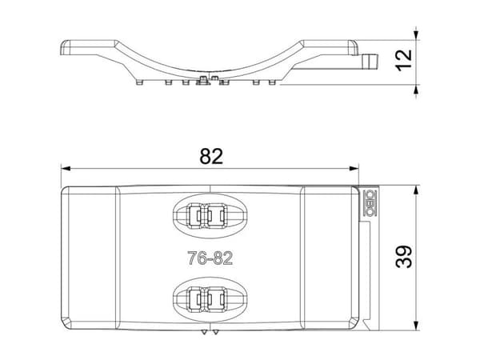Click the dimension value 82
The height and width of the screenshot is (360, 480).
coord(211,156)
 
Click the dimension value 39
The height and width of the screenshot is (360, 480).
coord(404,257)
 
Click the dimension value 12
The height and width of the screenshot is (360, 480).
coord(404,60)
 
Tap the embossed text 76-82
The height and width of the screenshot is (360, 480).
coord(210,258)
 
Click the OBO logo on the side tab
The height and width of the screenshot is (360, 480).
coord(369,203)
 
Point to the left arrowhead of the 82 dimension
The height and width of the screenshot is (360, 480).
coord(66,168)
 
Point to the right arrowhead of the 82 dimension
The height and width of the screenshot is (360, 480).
coord(354,168)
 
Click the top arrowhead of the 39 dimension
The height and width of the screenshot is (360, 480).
coord(416,190)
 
